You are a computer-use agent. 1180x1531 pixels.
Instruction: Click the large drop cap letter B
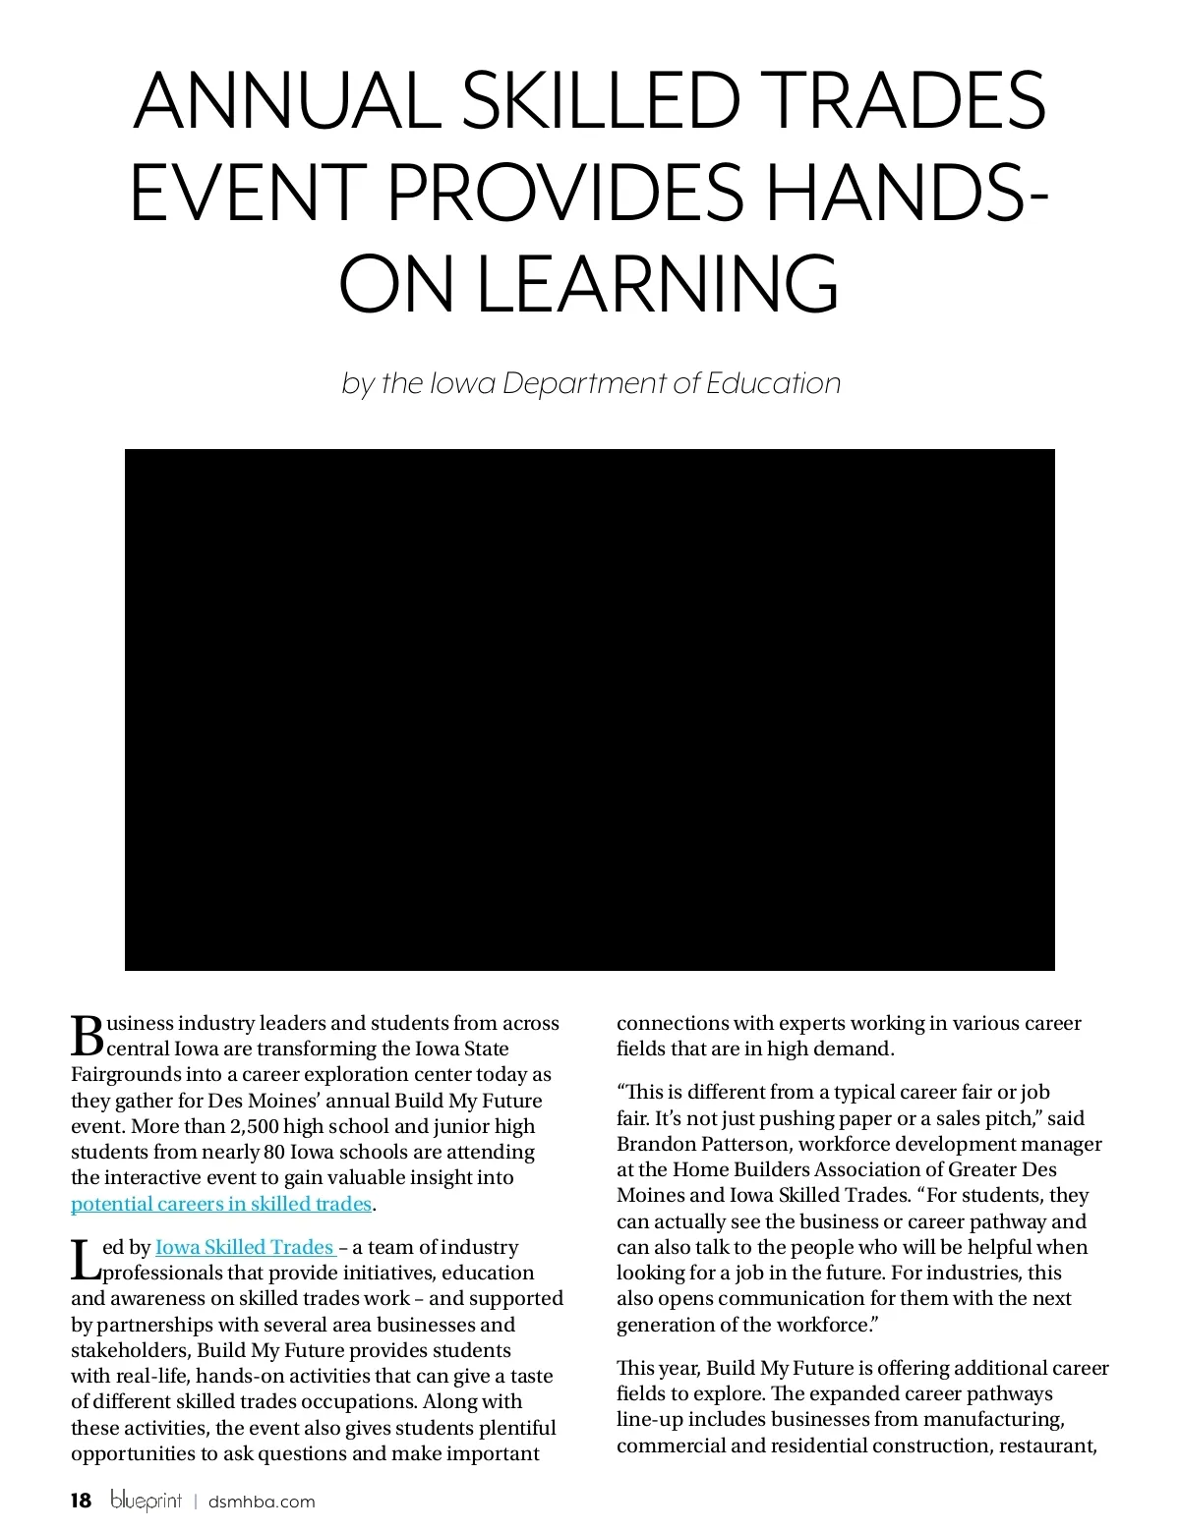[x=88, y=1035]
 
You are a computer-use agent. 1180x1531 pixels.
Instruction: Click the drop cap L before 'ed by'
[x=86, y=1260]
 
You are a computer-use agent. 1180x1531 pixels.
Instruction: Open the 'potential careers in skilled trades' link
[x=221, y=1204]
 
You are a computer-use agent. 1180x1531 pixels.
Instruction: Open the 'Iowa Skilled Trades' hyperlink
[x=245, y=1247]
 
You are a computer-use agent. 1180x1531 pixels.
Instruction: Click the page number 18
[x=81, y=1501]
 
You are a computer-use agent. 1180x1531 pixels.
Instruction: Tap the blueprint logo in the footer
[x=147, y=1501]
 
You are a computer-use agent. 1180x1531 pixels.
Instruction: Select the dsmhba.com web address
[x=262, y=1502]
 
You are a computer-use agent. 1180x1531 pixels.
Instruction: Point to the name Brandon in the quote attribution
[x=656, y=1144]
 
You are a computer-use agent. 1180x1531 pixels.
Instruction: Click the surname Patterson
[x=745, y=1144]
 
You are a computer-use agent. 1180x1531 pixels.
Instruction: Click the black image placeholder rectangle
[x=590, y=709]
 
